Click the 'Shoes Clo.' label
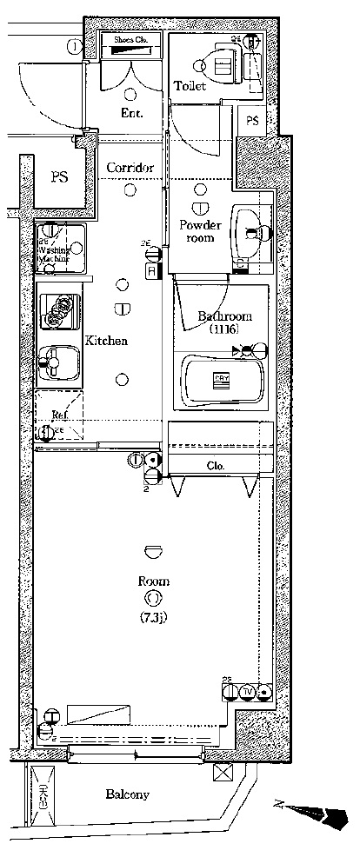(x=129, y=39)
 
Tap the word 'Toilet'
(x=190, y=86)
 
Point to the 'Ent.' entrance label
(x=131, y=114)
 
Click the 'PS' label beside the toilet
(x=252, y=121)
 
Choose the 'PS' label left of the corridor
(x=59, y=177)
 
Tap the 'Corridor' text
(x=130, y=168)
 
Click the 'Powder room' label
(x=201, y=231)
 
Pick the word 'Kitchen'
(x=106, y=341)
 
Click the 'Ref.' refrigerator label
(x=60, y=415)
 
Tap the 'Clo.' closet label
(x=216, y=467)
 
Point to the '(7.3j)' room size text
(x=153, y=618)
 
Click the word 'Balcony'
(x=128, y=794)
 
